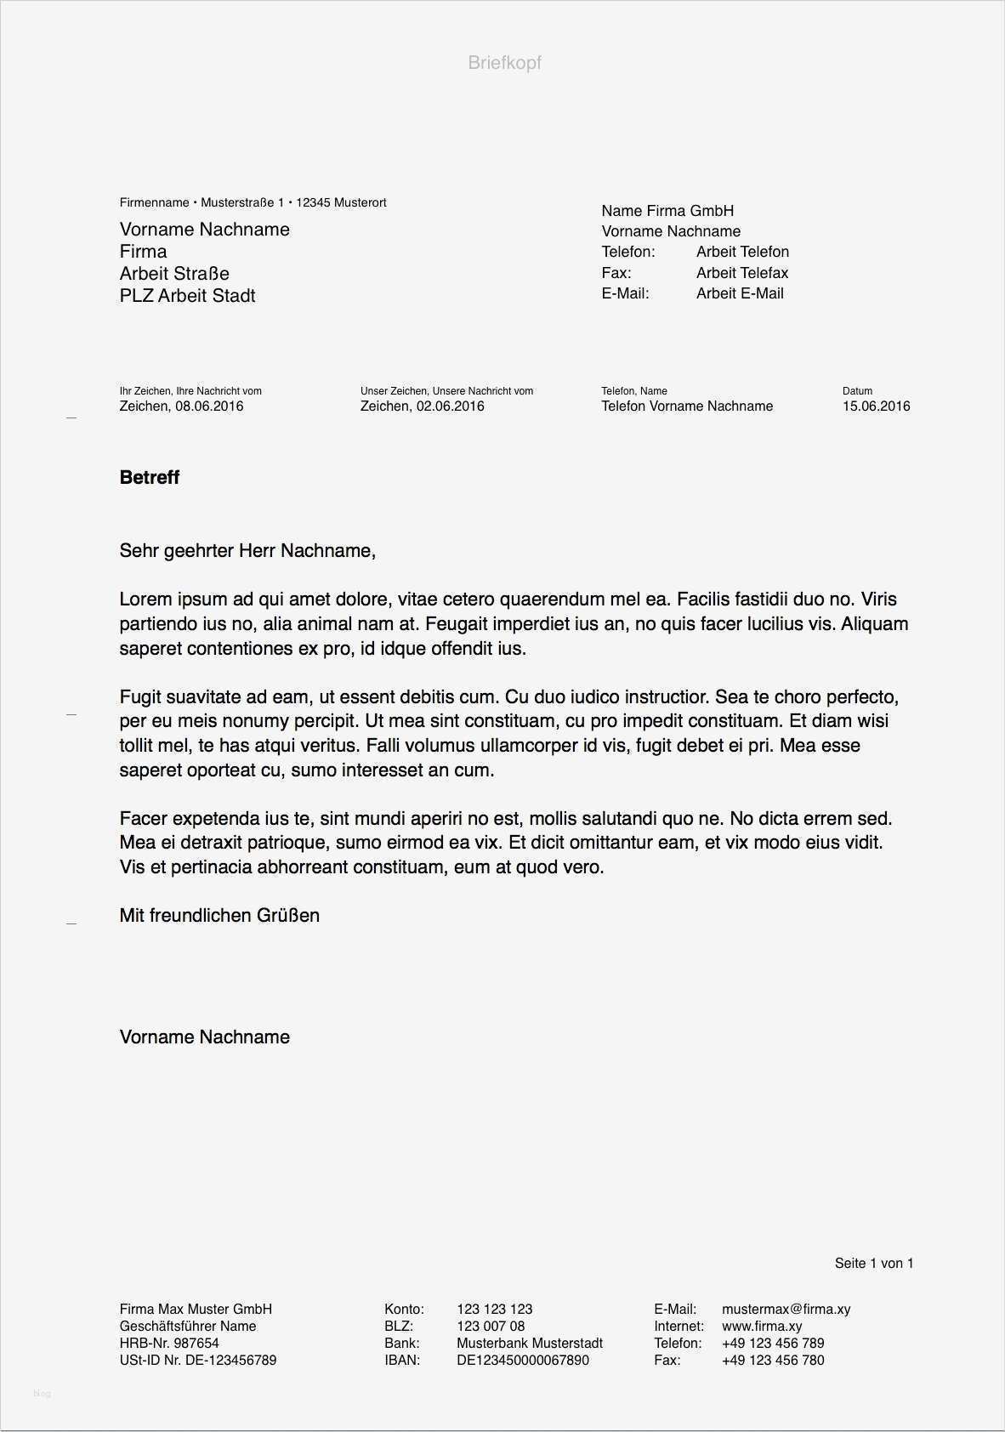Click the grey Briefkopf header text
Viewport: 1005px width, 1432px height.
[504, 63]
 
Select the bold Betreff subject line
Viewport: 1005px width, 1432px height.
[150, 478]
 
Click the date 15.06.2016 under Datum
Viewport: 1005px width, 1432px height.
[876, 406]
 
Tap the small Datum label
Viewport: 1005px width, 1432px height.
[857, 391]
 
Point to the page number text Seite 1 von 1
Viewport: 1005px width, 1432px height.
[873, 1264]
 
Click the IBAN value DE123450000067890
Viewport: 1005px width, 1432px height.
[522, 1361]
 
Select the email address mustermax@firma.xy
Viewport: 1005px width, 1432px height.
[786, 1310]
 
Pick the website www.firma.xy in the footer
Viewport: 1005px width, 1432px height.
[762, 1327]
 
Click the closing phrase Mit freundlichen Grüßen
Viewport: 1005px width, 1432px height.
[219, 916]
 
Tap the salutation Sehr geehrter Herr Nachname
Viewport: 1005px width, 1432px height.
[247, 551]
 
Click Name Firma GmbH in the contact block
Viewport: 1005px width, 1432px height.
[667, 211]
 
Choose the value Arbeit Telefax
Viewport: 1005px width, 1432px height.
[741, 273]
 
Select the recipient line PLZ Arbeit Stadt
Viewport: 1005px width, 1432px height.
[187, 296]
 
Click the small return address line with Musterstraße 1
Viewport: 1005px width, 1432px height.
[253, 202]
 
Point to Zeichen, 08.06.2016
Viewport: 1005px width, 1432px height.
[181, 406]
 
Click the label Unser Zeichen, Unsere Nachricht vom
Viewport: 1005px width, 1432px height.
[446, 391]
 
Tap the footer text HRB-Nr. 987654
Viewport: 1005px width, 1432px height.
[169, 1344]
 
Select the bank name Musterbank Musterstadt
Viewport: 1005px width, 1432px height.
[529, 1344]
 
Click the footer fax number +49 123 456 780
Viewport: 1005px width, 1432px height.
[772, 1361]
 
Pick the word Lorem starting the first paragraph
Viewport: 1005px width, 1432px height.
[145, 600]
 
